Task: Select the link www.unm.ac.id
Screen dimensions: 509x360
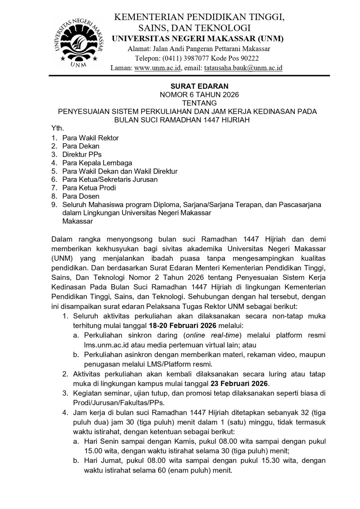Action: pyautogui.click(x=157, y=68)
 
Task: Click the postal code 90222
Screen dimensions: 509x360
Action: pyautogui.click(x=248, y=58)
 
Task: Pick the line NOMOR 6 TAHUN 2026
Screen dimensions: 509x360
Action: pyautogui.click(x=199, y=95)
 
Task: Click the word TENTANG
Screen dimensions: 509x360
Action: pyautogui.click(x=199, y=103)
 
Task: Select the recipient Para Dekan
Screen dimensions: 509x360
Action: pyautogui.click(x=81, y=146)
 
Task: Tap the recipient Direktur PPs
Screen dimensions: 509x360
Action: pyautogui.click(x=82, y=154)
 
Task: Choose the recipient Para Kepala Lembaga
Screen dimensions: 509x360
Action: pyautogui.click(x=97, y=163)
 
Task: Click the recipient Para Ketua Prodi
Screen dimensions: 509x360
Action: pyautogui.click(x=89, y=188)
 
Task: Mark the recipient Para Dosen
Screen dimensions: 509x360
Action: pyautogui.click(x=81, y=196)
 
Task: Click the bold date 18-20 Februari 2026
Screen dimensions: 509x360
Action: pyautogui.click(x=183, y=325)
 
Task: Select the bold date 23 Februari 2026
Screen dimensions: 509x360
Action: pyautogui.click(x=239, y=384)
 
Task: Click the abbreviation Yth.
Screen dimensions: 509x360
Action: pyautogui.click(x=57, y=128)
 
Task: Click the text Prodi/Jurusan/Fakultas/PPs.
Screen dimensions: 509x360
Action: pyautogui.click(x=119, y=403)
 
